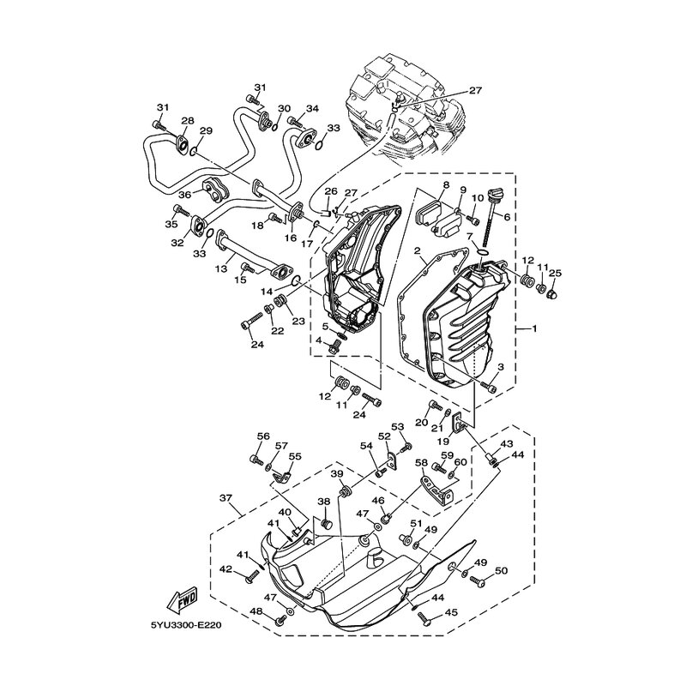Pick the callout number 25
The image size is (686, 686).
pyautogui.click(x=556, y=273)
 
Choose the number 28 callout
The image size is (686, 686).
pyautogui.click(x=187, y=121)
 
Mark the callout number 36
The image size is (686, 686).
pyautogui.click(x=183, y=194)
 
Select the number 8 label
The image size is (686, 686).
pyautogui.click(x=446, y=185)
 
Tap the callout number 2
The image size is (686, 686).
pyautogui.click(x=416, y=251)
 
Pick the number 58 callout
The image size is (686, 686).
pyautogui.click(x=422, y=463)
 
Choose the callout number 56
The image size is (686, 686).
pyautogui.click(x=263, y=436)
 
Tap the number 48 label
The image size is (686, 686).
pyautogui.click(x=256, y=611)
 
